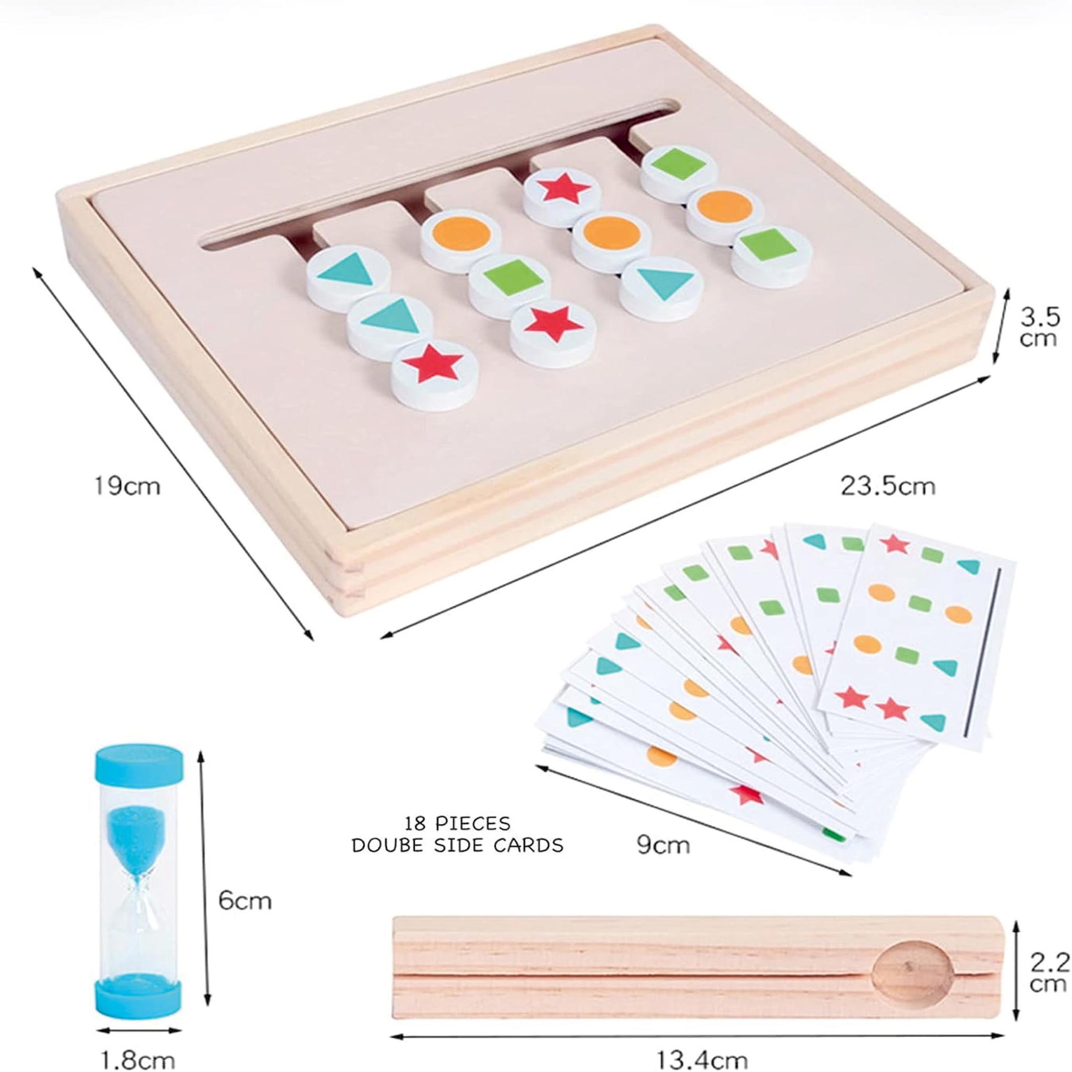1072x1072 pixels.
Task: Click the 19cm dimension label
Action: (x=127, y=486)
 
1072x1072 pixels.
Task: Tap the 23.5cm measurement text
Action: (x=887, y=486)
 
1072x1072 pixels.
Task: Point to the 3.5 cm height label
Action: (x=1040, y=327)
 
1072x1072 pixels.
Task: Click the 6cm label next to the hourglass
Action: (x=245, y=901)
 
